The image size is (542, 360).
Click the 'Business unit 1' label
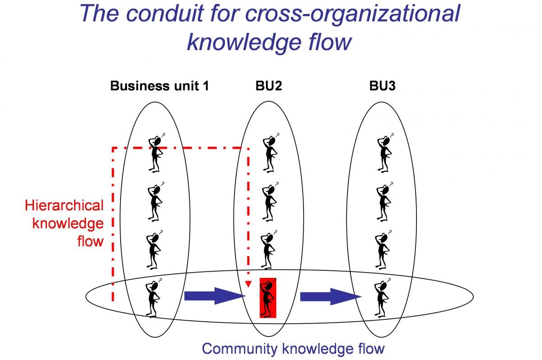tap(159, 86)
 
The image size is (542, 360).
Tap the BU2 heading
tap(268, 86)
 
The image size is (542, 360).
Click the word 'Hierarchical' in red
tap(64, 206)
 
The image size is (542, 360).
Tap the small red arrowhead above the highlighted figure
tap(248, 284)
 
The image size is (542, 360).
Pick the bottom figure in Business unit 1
tap(154, 298)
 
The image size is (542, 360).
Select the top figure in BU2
tap(271, 153)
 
